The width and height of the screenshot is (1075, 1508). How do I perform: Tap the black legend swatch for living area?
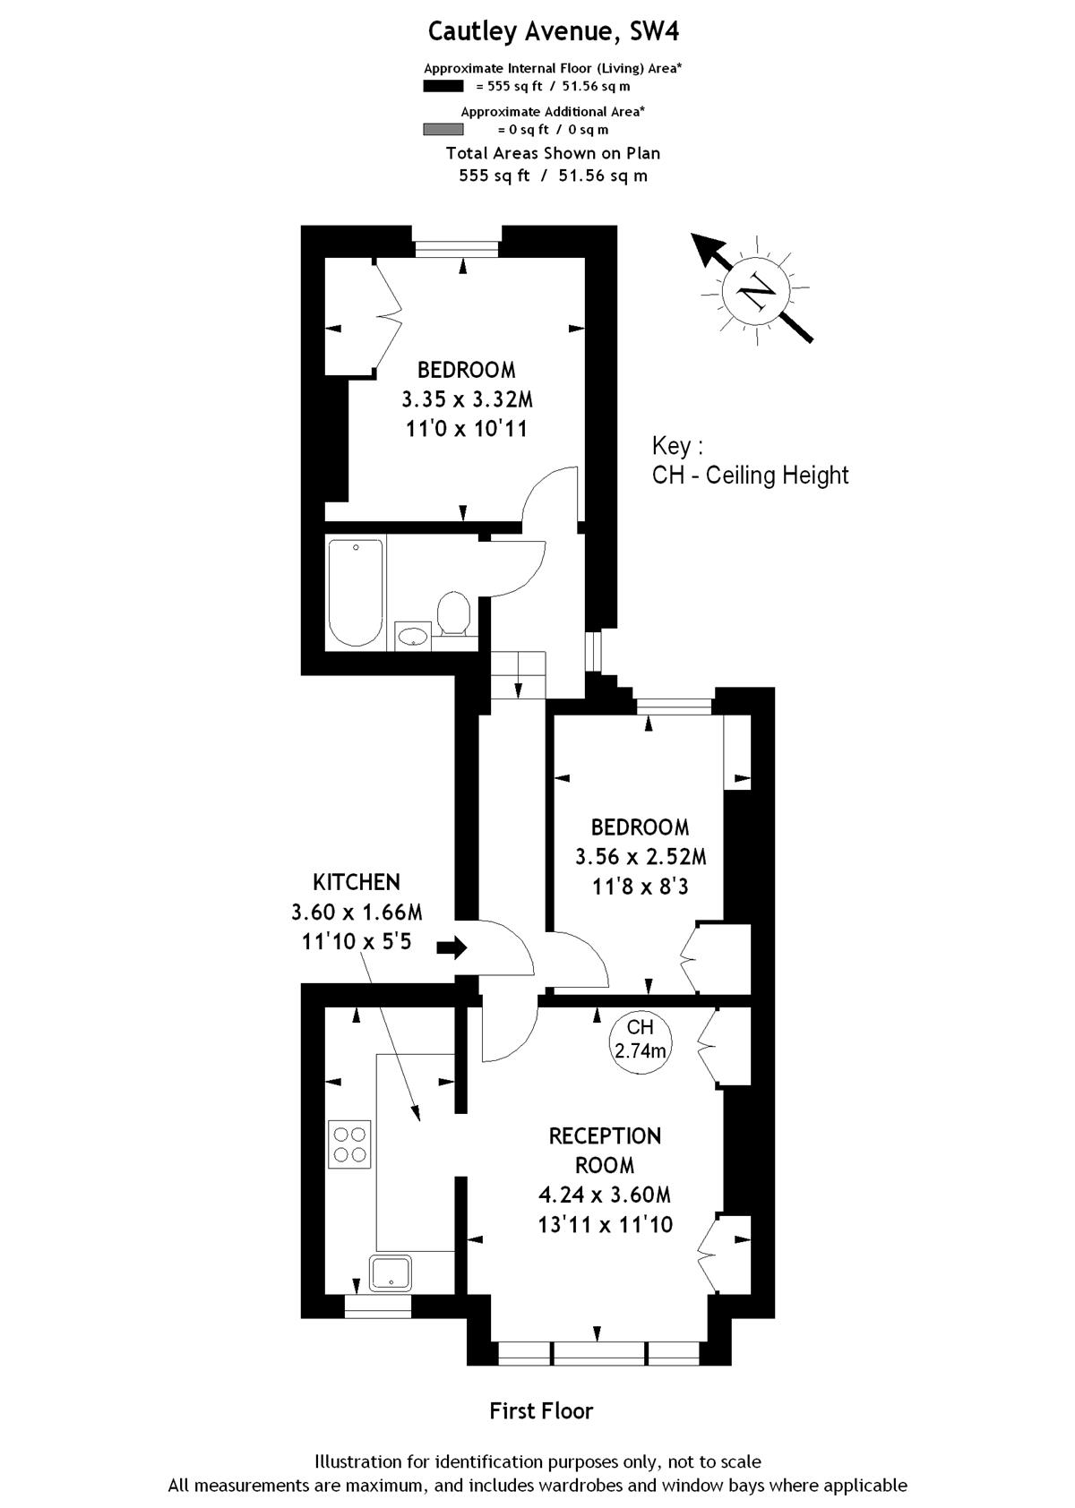point(443,85)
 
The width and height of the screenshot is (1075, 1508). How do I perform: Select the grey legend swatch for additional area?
point(443,129)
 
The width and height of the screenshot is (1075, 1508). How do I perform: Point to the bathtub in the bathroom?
point(356,593)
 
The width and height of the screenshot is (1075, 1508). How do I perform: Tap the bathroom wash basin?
point(412,636)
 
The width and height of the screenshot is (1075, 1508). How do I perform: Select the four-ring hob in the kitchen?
point(349,1144)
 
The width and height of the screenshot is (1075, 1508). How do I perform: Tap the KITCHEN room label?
point(357,882)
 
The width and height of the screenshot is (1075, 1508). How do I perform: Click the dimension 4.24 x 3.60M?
point(604,1195)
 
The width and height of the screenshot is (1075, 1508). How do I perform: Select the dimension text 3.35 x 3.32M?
point(467,399)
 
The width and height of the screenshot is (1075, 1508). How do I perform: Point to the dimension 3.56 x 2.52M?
point(641,857)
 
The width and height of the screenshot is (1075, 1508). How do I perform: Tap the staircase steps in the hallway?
point(518,674)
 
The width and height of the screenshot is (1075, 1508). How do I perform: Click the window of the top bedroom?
point(458,249)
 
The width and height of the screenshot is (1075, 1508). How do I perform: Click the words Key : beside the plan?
point(677,446)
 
